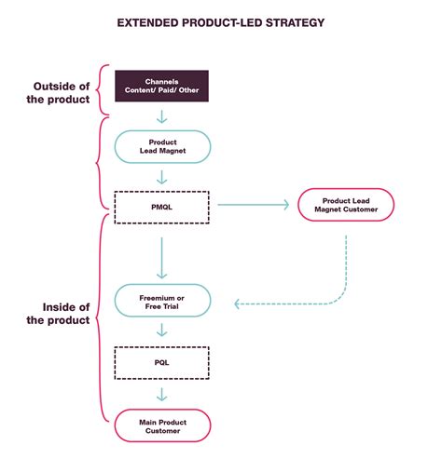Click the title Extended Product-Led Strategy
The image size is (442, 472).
click(x=220, y=21)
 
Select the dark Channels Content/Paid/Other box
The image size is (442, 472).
click(x=161, y=86)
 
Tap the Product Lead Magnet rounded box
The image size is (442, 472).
click(x=161, y=146)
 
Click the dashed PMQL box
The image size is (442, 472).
click(x=161, y=206)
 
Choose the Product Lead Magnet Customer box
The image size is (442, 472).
click(x=345, y=205)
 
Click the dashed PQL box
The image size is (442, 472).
click(x=161, y=362)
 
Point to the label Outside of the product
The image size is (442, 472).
click(x=56, y=90)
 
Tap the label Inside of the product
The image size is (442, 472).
click(x=56, y=313)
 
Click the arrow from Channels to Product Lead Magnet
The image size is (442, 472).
click(x=161, y=116)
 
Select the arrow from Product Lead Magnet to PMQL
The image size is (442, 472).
click(x=161, y=177)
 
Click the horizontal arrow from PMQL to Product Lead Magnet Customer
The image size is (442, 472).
click(x=251, y=206)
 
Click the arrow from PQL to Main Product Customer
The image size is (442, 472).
click(x=161, y=393)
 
